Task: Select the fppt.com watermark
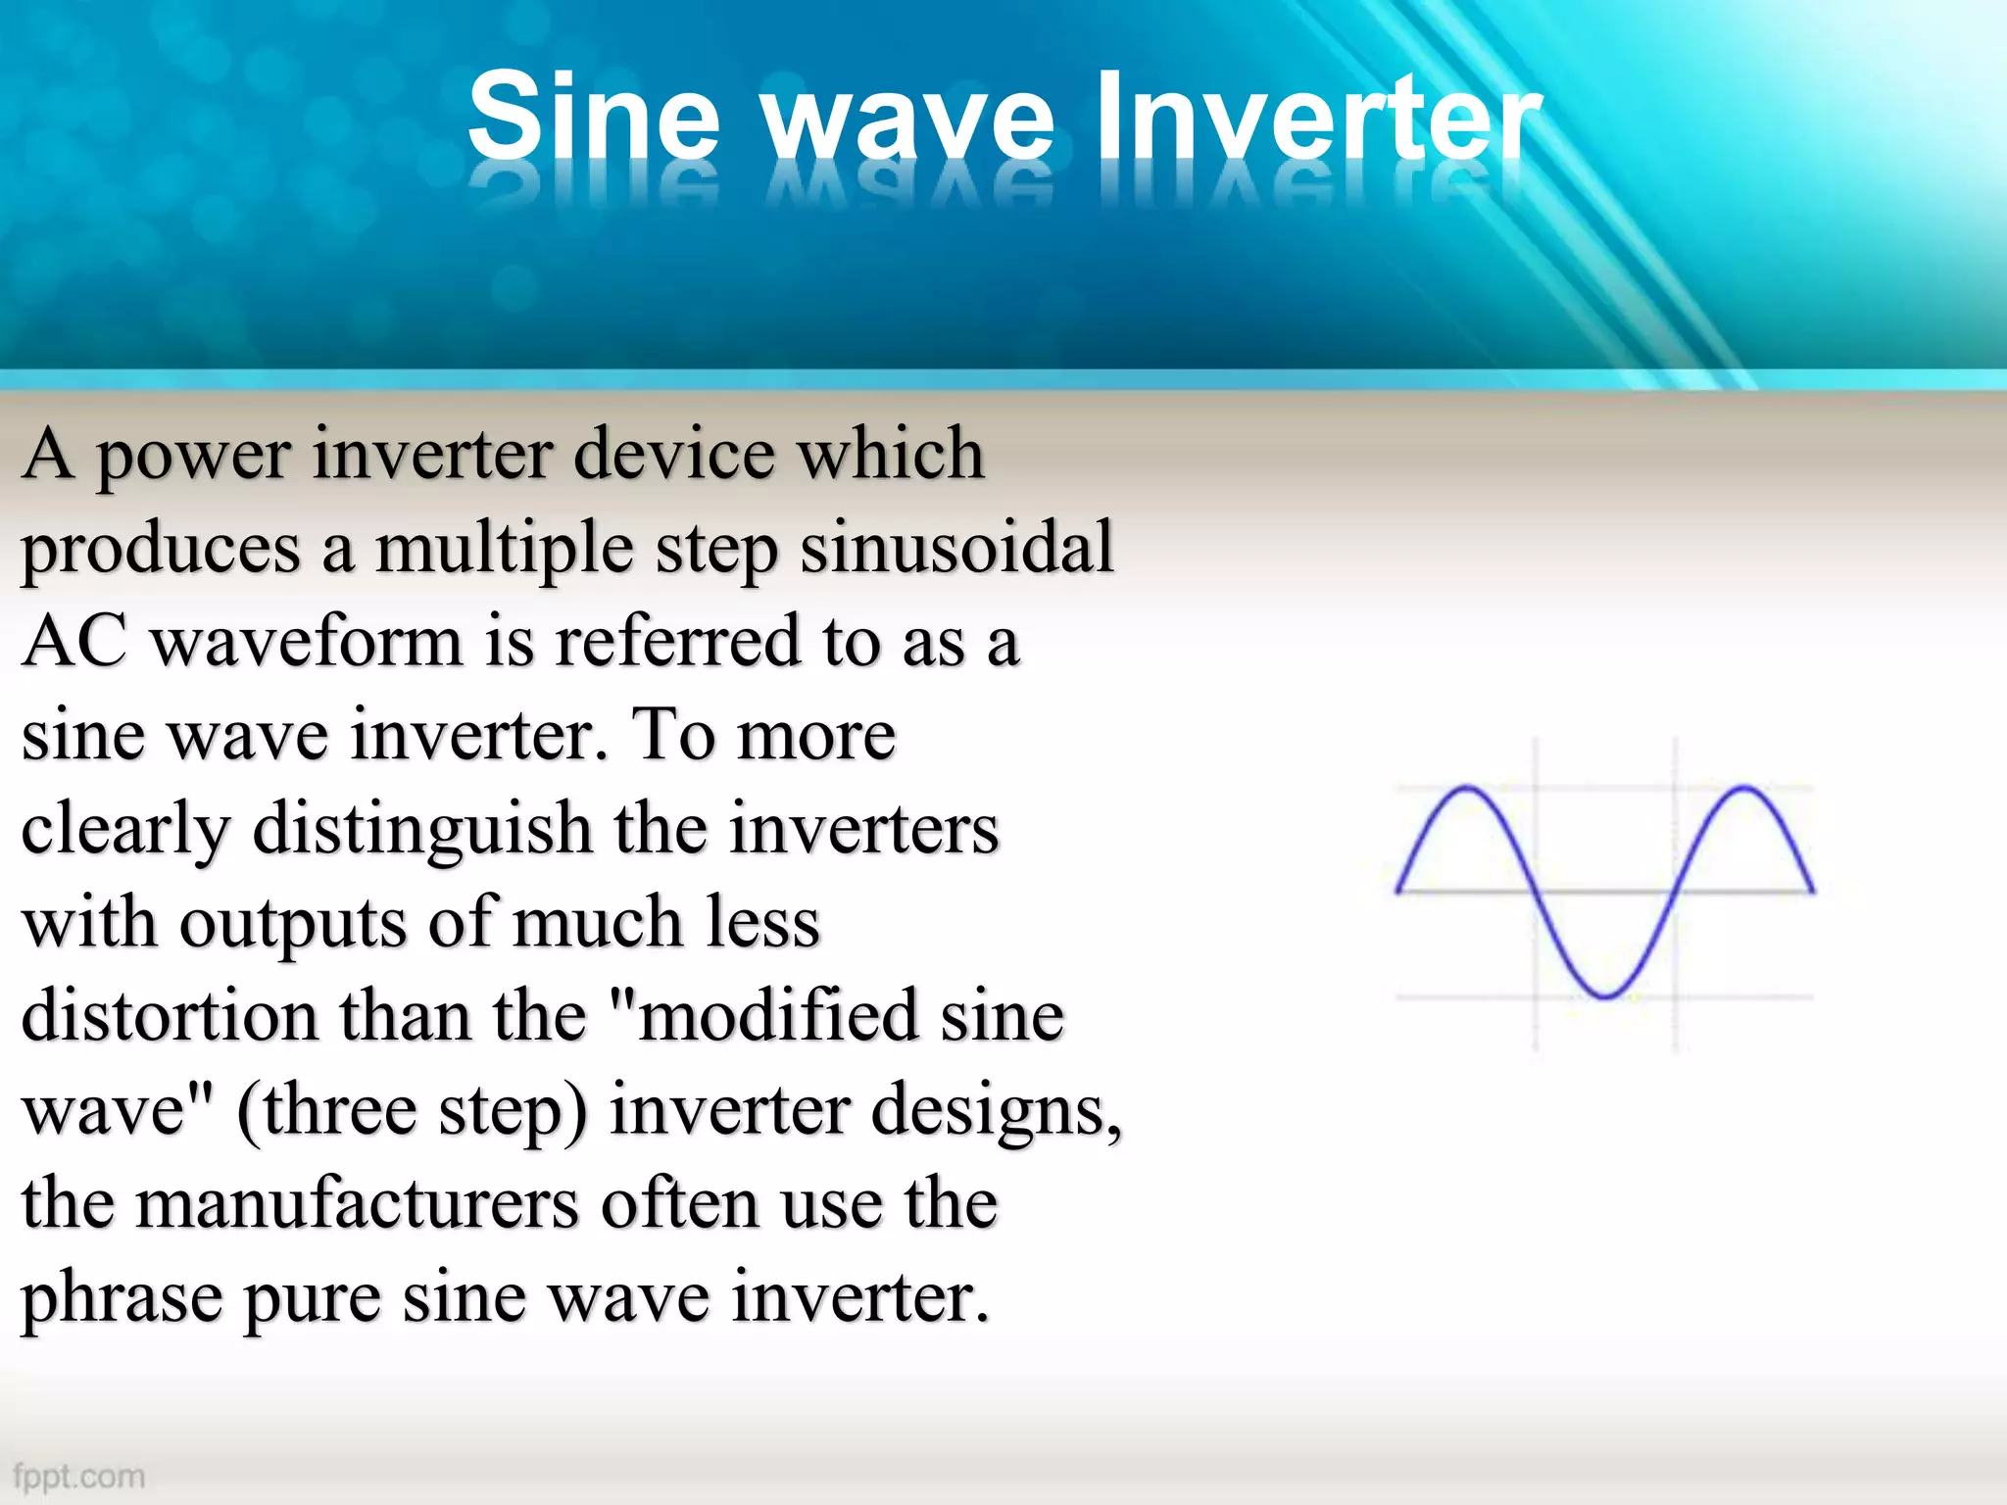[x=79, y=1476]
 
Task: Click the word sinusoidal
[x=957, y=547]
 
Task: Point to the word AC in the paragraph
[x=74, y=642]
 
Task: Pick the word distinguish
[x=422, y=829]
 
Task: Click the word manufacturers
[x=358, y=1203]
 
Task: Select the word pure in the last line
[x=312, y=1298]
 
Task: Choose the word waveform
[x=307, y=642]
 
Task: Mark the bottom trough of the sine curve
[x=1606, y=996]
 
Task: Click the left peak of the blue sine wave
[x=1466, y=788]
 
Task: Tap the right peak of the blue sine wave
[x=1745, y=788]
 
